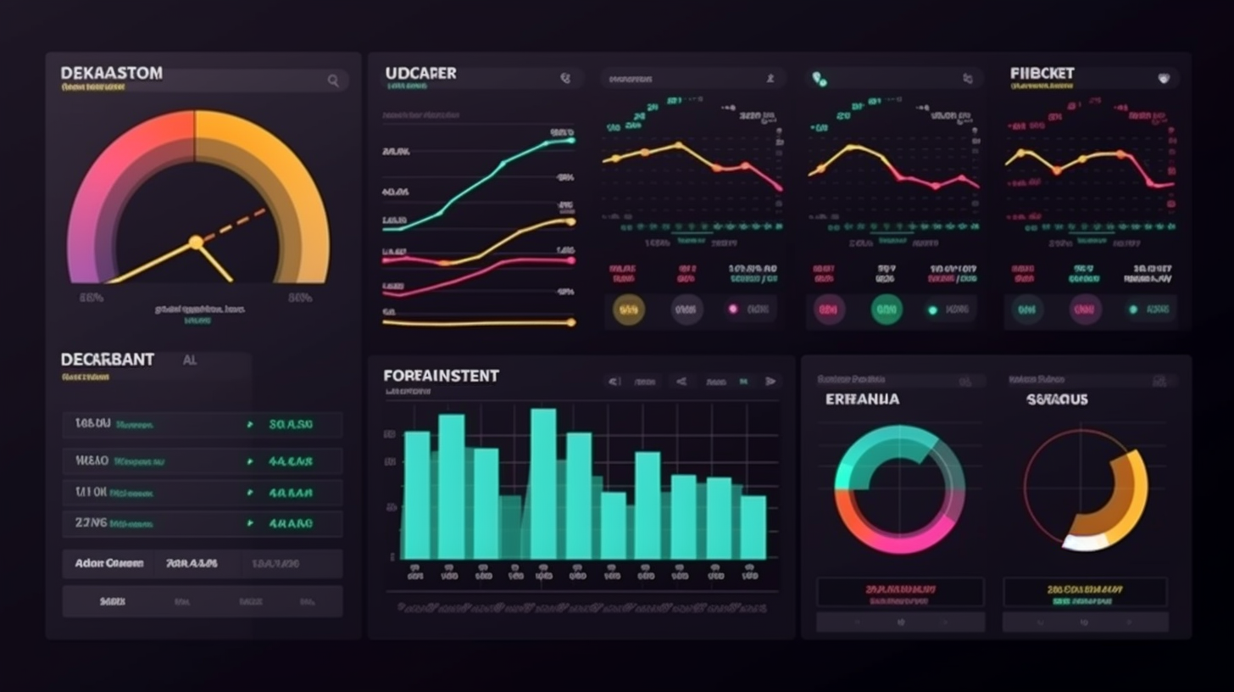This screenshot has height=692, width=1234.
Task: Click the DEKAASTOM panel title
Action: [x=111, y=74]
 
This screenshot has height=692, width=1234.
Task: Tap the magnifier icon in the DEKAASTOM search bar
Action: [x=333, y=81]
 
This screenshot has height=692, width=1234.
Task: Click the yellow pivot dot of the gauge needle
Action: [x=196, y=243]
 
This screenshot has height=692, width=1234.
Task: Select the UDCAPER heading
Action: [x=420, y=74]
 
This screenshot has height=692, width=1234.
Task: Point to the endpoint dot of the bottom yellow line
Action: [x=571, y=322]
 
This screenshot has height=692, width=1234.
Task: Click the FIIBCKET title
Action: [x=1042, y=74]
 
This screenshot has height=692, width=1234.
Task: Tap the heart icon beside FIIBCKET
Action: [x=1164, y=79]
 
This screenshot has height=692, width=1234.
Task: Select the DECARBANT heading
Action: [x=108, y=360]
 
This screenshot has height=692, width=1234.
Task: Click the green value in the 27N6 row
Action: [x=291, y=524]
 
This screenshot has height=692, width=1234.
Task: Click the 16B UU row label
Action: [x=92, y=423]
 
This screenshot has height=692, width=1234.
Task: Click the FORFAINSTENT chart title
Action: [x=441, y=376]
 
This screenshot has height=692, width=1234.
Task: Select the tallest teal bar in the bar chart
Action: [x=543, y=483]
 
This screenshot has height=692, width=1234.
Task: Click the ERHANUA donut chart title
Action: [x=862, y=399]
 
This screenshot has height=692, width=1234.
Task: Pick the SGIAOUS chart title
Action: [x=1057, y=399]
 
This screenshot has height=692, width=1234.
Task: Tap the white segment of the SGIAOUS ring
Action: [x=1083, y=542]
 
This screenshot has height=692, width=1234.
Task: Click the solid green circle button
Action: [x=887, y=310]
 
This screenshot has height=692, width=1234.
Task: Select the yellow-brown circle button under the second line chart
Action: [x=628, y=310]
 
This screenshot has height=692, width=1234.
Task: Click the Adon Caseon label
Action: [x=108, y=563]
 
